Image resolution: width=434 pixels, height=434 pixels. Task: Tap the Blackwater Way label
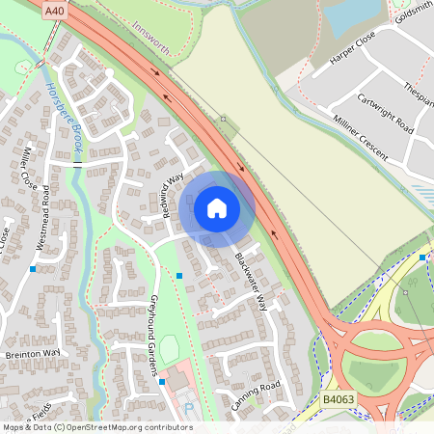249,283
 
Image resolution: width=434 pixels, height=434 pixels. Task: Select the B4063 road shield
338,398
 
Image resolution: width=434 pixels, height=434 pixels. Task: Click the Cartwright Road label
385,114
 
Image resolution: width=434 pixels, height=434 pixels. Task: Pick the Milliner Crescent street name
361,136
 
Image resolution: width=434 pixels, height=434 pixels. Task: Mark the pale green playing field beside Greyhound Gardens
170,348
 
